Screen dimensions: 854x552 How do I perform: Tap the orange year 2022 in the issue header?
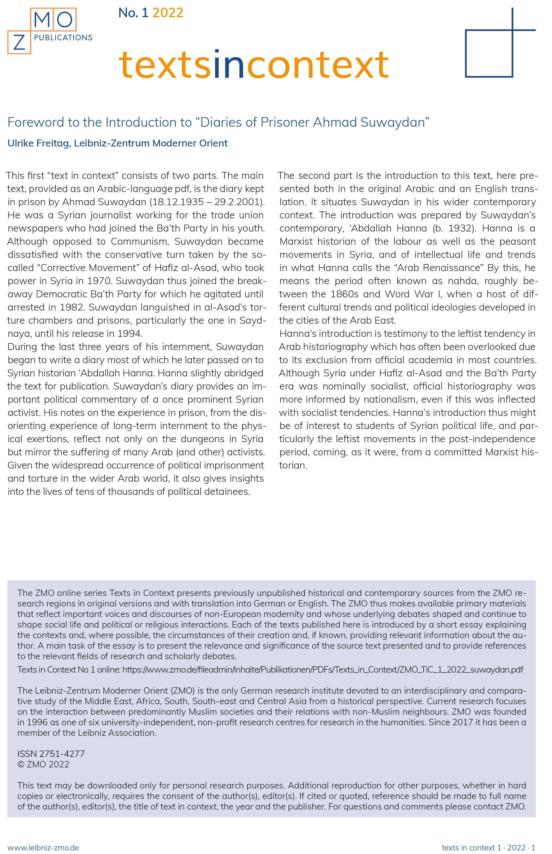[x=168, y=13]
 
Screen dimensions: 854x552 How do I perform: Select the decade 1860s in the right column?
[x=344, y=294]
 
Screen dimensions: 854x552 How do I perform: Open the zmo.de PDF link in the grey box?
[x=323, y=670]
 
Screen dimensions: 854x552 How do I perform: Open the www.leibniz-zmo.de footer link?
[x=43, y=847]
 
